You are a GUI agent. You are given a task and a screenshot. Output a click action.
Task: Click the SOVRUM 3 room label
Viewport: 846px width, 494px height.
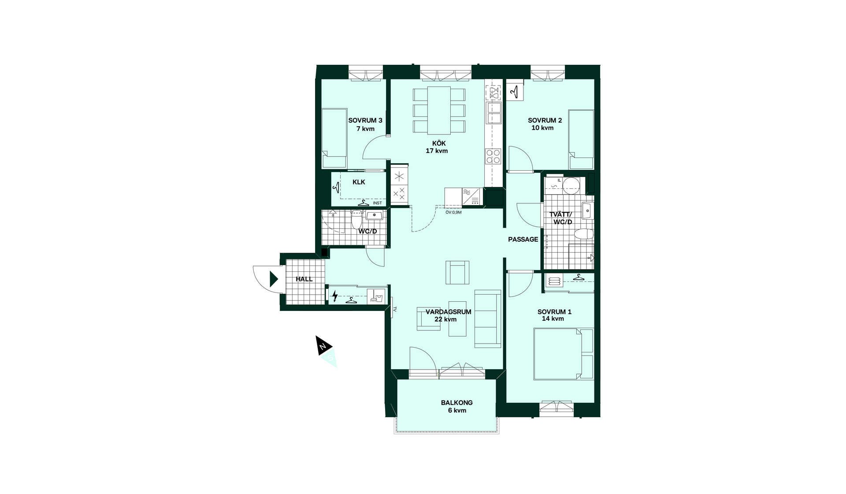[x=365, y=120]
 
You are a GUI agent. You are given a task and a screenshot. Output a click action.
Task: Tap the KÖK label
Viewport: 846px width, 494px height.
[x=439, y=143]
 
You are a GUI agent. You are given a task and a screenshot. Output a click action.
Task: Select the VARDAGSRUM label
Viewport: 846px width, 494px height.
[x=448, y=312]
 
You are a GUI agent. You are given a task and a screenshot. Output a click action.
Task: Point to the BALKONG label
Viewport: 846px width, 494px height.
[x=457, y=403]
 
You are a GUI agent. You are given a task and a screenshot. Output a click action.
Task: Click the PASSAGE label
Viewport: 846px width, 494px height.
[x=523, y=240]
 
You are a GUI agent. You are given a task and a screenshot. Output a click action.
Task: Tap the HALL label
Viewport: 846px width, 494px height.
[x=304, y=279]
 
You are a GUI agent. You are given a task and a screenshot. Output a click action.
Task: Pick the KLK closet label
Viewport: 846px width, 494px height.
[x=359, y=182]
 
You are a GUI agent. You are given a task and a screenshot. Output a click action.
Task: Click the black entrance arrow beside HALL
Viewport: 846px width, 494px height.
[x=274, y=279]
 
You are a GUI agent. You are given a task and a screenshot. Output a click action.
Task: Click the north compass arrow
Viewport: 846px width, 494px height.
[x=323, y=346]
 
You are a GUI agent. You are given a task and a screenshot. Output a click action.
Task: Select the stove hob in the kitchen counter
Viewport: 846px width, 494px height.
[x=493, y=156]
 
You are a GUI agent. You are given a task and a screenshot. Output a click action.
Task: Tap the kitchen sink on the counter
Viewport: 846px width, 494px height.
[x=493, y=113]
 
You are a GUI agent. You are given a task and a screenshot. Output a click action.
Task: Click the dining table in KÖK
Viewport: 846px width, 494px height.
[x=439, y=110]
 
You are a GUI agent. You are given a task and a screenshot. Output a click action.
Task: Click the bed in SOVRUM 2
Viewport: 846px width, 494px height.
[x=581, y=139]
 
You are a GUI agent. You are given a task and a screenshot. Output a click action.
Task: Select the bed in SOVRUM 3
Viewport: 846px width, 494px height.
[x=334, y=138]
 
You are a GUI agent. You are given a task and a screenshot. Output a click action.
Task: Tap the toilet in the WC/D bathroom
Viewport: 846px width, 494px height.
[x=356, y=219]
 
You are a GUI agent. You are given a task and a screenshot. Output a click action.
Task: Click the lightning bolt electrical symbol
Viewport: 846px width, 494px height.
[x=335, y=296]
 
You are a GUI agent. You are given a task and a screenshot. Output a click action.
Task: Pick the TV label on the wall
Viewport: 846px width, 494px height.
[x=395, y=310]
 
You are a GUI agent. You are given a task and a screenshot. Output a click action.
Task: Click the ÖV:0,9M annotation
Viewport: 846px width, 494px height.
[x=453, y=213]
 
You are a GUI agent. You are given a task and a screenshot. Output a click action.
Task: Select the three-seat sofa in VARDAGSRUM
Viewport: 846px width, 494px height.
[x=488, y=319]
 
